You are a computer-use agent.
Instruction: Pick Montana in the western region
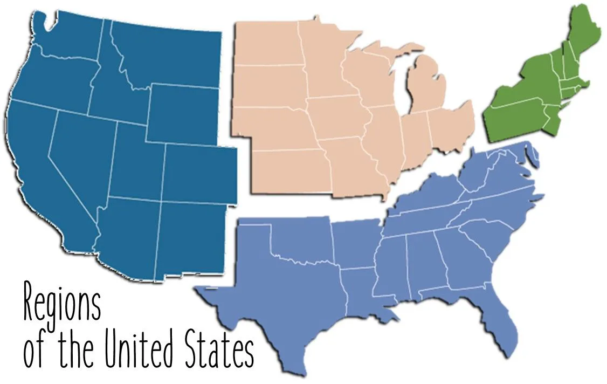[x=167, y=54]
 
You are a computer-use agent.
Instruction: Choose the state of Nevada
[x=81, y=156]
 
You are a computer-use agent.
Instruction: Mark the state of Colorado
[x=199, y=173]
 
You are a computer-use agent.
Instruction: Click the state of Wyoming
[x=183, y=113]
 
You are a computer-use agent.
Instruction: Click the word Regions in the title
[x=62, y=305]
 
